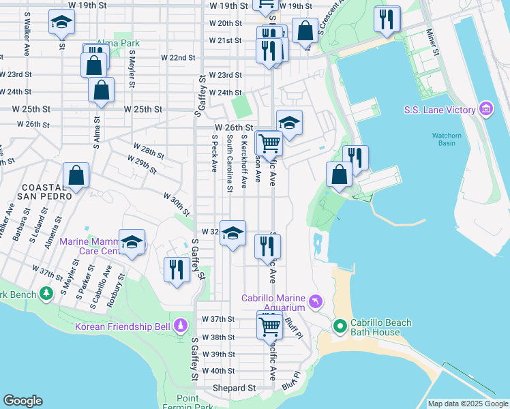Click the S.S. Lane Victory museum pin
click(486, 109)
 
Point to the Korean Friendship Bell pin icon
click(181, 326)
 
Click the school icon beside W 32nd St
click(232, 232)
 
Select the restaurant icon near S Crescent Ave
click(387, 20)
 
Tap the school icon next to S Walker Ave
click(61, 23)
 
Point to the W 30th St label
click(176, 200)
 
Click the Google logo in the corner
click(22, 401)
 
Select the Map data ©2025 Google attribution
click(467, 404)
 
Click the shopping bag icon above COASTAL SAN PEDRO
click(76, 175)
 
